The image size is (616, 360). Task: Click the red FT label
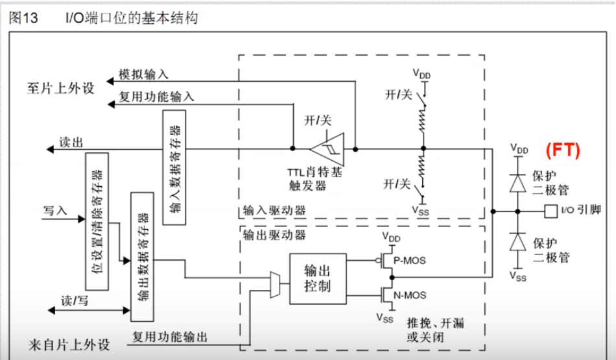coord(562,150)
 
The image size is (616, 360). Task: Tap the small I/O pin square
coord(549,210)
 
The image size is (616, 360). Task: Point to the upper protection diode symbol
coord(517,184)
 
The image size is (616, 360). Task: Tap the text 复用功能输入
coord(156,97)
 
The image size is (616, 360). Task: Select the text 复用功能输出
coord(170,337)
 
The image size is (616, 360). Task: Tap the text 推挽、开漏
coord(435,323)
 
